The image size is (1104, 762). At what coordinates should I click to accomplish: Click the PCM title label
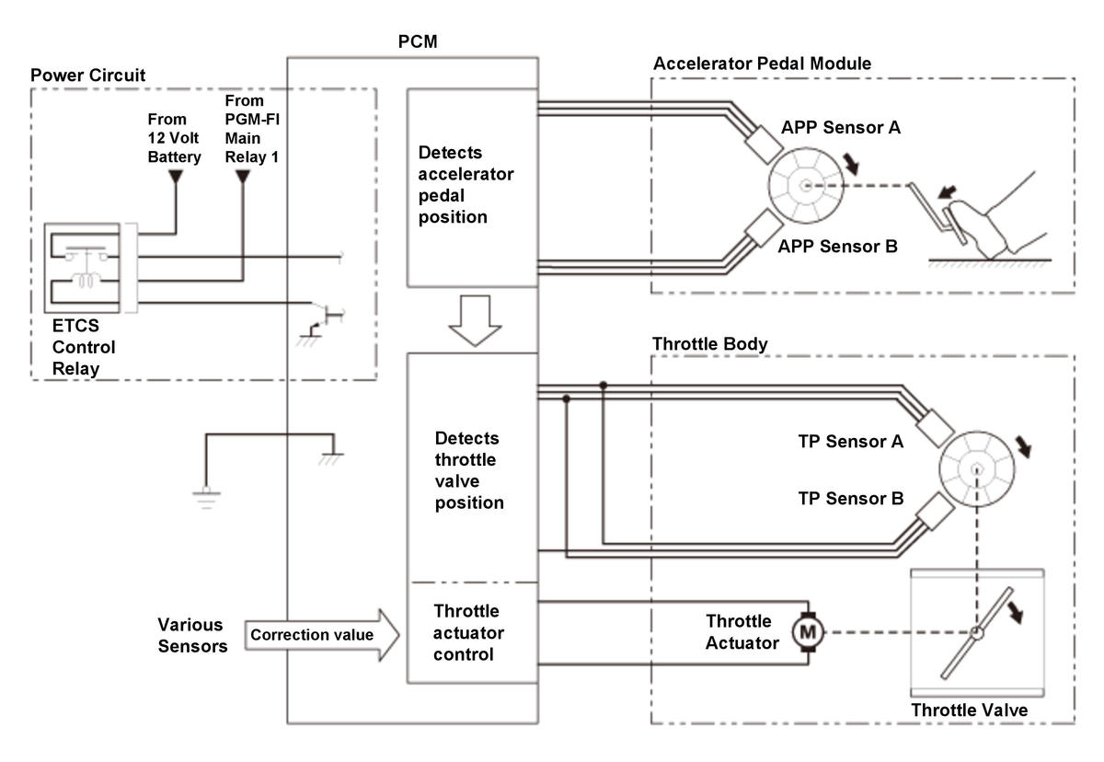click(418, 41)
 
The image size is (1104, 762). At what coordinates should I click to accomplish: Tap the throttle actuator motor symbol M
click(808, 632)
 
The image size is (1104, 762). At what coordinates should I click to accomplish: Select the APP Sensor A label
click(841, 127)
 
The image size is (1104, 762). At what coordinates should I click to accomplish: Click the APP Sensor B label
click(838, 246)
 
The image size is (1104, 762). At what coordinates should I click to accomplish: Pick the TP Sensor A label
click(851, 441)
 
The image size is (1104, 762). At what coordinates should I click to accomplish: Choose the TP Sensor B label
click(851, 498)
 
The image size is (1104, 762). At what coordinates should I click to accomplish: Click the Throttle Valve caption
click(970, 710)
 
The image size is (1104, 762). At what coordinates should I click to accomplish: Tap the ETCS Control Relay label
click(84, 347)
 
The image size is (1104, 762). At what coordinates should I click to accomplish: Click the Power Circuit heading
click(87, 75)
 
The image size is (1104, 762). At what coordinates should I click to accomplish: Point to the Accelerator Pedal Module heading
click(762, 63)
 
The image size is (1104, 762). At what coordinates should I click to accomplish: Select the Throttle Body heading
click(709, 343)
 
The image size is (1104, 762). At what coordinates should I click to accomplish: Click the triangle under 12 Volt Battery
click(176, 176)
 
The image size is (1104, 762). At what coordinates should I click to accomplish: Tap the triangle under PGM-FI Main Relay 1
click(243, 176)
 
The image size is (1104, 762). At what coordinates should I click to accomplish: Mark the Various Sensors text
click(192, 635)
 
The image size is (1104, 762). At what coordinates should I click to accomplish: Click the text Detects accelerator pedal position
click(466, 184)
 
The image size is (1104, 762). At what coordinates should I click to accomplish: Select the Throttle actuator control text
click(468, 632)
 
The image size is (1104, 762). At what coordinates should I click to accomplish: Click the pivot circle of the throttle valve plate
click(976, 632)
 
